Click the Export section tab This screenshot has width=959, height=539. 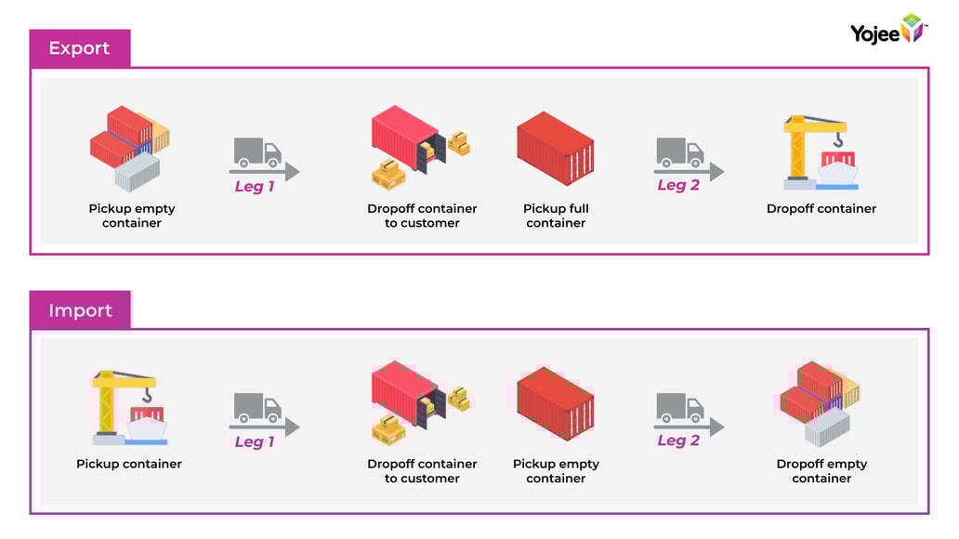[79, 48]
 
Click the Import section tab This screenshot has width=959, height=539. [80, 310]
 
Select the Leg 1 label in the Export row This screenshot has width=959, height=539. [255, 187]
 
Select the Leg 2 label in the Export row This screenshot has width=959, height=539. [678, 185]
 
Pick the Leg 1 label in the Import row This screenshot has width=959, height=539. [255, 442]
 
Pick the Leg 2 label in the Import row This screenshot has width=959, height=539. [678, 440]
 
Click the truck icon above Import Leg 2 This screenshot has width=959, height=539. [680, 407]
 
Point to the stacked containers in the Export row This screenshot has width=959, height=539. [130, 147]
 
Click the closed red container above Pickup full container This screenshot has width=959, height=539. [555, 149]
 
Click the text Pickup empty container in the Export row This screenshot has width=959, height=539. [132, 216]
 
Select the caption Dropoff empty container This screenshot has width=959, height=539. [821, 471]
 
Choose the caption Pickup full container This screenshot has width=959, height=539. [556, 216]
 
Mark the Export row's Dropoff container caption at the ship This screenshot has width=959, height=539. [821, 209]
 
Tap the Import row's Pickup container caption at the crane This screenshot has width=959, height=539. [129, 464]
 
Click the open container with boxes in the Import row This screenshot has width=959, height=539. [419, 401]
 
